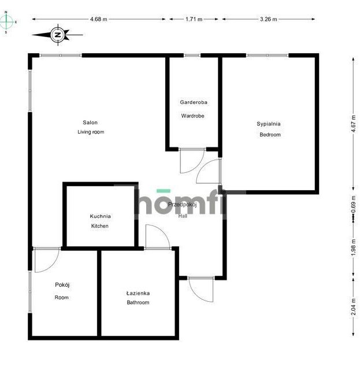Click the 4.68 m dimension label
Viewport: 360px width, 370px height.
click(x=99, y=19)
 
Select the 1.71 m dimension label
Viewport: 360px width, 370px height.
click(x=194, y=19)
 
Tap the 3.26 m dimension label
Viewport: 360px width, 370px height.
click(x=269, y=19)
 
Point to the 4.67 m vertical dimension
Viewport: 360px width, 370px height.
click(x=353, y=124)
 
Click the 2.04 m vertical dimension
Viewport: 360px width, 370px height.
click(x=353, y=306)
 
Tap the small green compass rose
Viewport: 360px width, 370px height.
click(x=6, y=22)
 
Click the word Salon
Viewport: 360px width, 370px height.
click(x=90, y=123)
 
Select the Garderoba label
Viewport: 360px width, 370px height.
click(x=194, y=102)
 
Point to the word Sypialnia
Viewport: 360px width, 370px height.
click(x=269, y=124)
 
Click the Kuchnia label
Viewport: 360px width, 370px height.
click(x=101, y=216)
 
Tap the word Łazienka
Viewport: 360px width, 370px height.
click(x=138, y=293)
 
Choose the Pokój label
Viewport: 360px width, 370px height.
click(x=62, y=285)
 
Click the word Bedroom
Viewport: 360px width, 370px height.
click(x=270, y=135)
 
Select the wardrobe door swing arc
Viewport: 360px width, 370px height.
click(x=198, y=166)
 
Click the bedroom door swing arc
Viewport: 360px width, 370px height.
click(x=203, y=166)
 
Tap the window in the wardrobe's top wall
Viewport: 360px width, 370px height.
click(x=192, y=55)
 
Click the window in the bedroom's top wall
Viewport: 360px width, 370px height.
click(x=268, y=55)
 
